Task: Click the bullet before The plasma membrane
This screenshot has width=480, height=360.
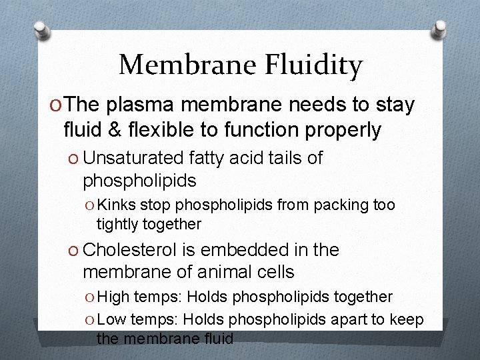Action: click(x=55, y=106)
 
